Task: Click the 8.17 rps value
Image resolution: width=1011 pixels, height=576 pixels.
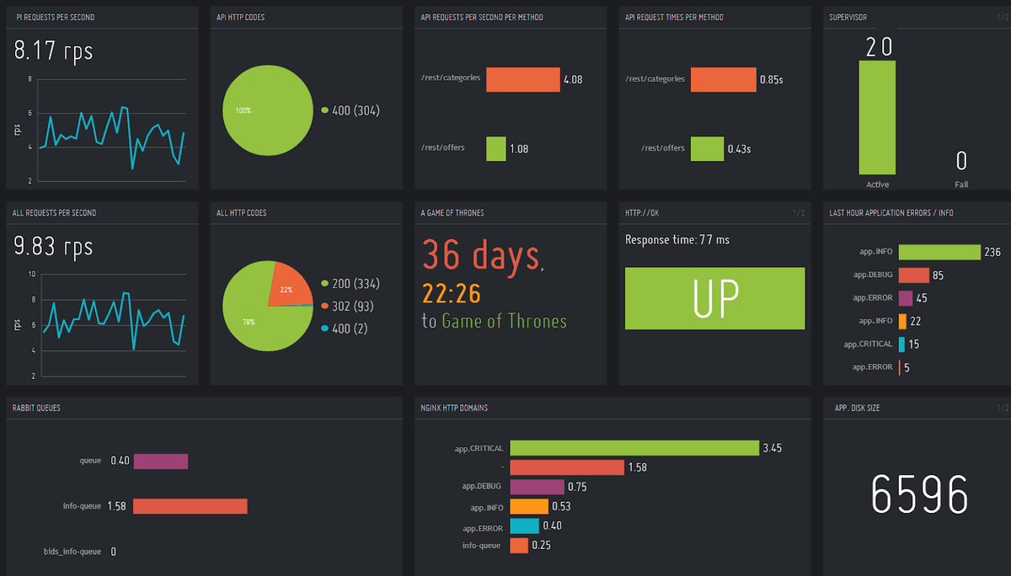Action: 53,52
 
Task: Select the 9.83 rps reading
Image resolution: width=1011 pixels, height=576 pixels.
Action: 53,248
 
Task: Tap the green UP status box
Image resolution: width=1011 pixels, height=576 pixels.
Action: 714,298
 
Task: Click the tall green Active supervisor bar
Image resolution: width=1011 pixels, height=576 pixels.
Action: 877,117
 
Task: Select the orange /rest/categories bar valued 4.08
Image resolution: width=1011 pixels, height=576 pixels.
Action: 523,79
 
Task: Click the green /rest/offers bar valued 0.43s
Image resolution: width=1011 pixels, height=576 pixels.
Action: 706,149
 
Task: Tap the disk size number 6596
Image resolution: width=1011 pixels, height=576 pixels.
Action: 919,494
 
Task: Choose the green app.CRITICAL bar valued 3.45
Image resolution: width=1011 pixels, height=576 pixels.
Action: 634,448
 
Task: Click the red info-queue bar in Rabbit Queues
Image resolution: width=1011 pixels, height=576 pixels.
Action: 190,506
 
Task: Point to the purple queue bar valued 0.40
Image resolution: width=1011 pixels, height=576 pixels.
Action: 160,461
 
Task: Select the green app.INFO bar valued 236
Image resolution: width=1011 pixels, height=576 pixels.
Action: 939,253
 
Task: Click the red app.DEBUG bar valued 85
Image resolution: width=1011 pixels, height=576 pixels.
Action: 913,275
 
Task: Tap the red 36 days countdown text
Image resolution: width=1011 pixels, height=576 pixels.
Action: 481,253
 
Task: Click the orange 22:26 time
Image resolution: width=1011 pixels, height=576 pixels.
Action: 451,293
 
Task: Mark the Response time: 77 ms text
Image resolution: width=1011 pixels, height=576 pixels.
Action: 677,240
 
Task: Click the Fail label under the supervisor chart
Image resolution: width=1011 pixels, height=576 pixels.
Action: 961,184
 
